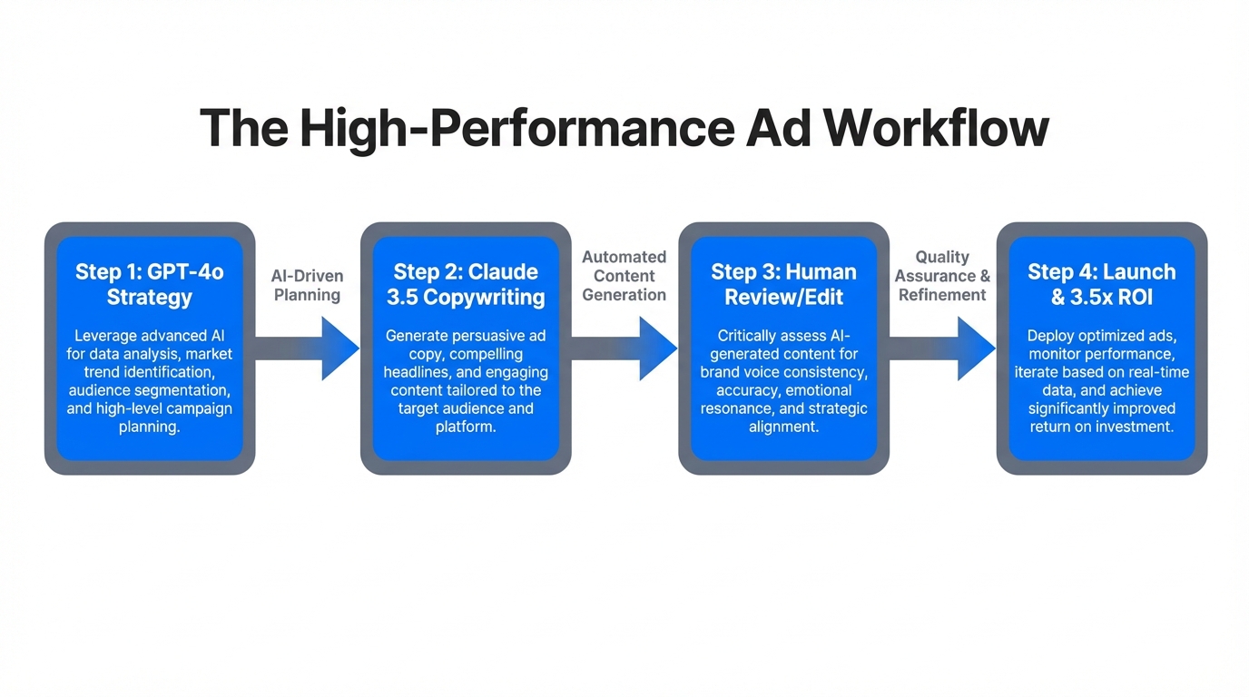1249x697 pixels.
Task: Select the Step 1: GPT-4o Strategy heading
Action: point(150,284)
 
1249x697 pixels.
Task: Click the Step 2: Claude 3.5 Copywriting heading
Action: point(466,284)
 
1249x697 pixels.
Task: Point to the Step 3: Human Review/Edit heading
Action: point(783,284)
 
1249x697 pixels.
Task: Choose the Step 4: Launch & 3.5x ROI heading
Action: point(1101,284)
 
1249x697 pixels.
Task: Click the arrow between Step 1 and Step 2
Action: point(309,348)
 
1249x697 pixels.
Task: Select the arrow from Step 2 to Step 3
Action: point(625,348)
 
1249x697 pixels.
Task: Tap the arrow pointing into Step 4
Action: point(943,348)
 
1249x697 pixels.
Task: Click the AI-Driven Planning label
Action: point(307,285)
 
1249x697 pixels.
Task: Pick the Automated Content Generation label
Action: point(624,276)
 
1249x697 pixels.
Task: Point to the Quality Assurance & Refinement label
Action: point(942,276)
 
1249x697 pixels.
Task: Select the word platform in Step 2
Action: point(464,427)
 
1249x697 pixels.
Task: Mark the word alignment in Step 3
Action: point(783,427)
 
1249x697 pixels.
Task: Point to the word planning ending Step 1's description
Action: point(148,427)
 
